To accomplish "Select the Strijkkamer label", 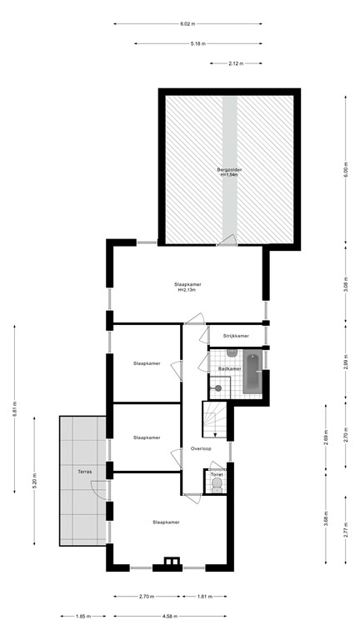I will [x=235, y=336].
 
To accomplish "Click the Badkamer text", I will [x=230, y=368].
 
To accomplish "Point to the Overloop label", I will [x=201, y=448].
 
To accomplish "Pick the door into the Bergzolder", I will [x=225, y=241].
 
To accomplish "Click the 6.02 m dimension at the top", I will [x=187, y=23].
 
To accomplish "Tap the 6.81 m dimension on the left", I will [x=14, y=411].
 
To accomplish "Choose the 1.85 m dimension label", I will [x=81, y=617].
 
